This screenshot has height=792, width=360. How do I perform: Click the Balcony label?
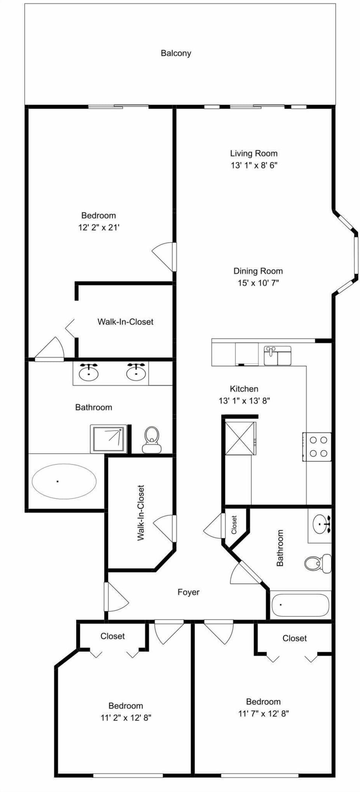tap(176, 53)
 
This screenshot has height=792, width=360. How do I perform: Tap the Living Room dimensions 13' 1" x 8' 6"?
tap(254, 165)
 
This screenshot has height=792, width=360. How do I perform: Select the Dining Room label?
tap(258, 271)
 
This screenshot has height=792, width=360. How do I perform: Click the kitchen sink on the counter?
tap(277, 356)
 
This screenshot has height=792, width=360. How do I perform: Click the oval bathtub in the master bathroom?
tap(64, 481)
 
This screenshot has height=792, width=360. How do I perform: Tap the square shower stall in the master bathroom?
tap(109, 439)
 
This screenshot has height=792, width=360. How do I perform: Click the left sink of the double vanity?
tap(88, 373)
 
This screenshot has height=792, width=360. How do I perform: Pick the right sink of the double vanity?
tap(136, 373)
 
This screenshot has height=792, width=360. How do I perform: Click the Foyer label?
tap(188, 592)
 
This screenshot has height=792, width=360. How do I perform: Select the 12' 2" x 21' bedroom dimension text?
tap(99, 227)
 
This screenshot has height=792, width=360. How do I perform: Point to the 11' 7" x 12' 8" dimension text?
tap(263, 714)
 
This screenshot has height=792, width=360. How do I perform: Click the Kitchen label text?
tap(244, 389)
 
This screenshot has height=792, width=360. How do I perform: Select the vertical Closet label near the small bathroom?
tap(234, 524)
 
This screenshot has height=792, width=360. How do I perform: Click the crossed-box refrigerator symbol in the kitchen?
tap(240, 438)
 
